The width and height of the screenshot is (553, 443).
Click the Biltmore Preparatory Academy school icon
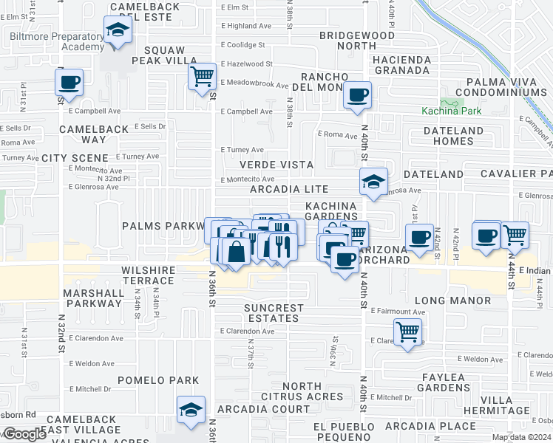(x=117, y=31)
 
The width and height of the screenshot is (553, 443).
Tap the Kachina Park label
(x=451, y=111)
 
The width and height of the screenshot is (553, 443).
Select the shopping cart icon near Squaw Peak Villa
(x=201, y=76)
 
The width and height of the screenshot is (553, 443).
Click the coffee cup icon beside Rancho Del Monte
(x=358, y=95)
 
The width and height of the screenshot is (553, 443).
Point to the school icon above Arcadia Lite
(x=374, y=182)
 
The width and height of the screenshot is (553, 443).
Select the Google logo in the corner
(x=24, y=434)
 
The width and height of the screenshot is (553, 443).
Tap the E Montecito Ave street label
(x=248, y=179)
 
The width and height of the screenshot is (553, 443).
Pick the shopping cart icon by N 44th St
(x=515, y=235)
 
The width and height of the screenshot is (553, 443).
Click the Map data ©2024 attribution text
(x=523, y=437)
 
